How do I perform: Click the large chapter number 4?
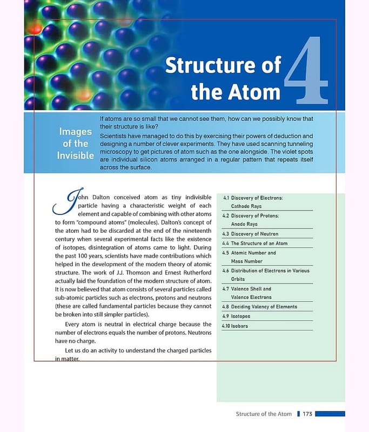pos(306,70)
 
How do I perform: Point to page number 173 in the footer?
pos(307,414)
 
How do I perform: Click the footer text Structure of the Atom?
pos(264,414)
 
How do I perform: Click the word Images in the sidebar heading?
pos(75,131)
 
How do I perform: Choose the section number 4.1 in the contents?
pos(226,198)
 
